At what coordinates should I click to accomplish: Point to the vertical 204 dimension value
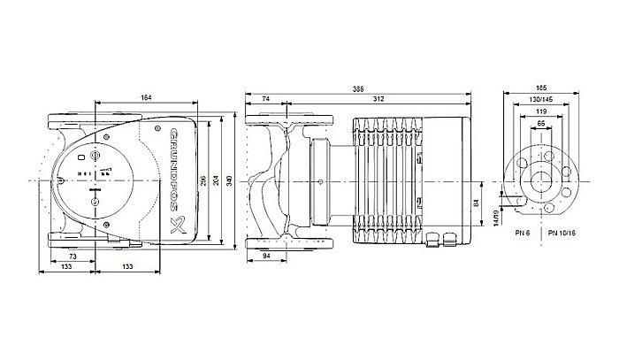coord(218,180)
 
